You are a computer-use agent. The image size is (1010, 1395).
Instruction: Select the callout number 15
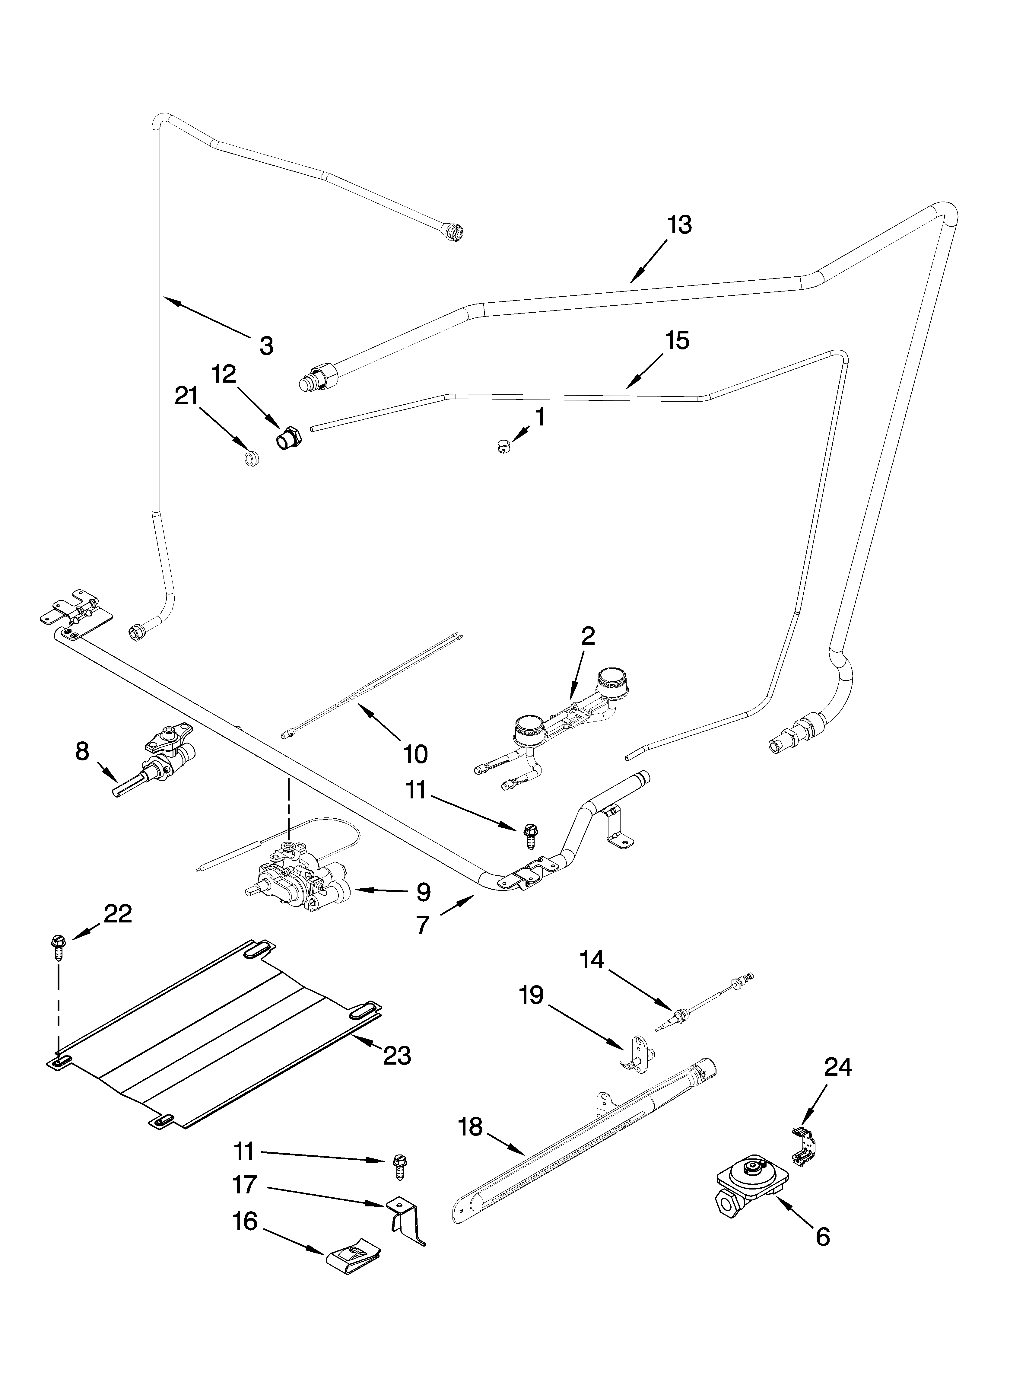pos(677,340)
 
